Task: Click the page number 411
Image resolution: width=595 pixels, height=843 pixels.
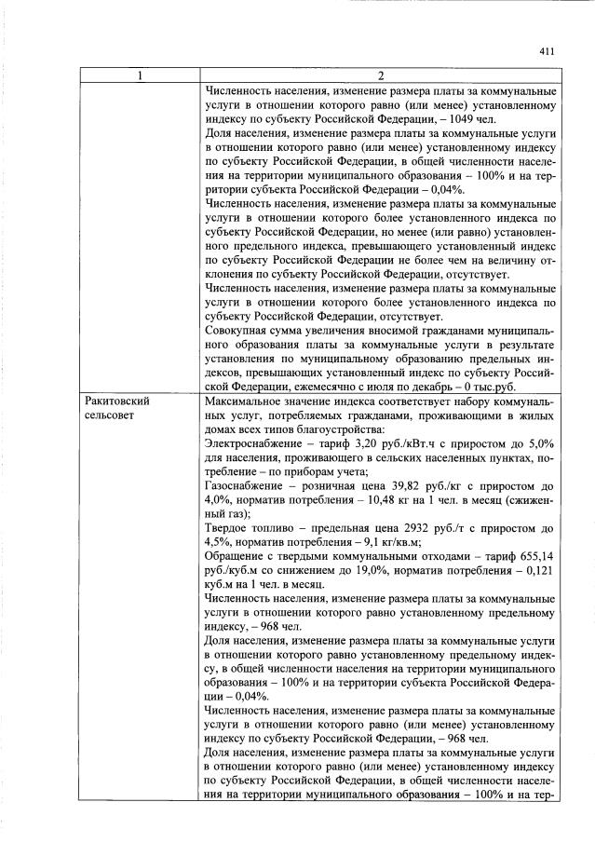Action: click(x=547, y=52)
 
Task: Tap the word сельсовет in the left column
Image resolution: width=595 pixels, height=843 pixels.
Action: click(x=108, y=415)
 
